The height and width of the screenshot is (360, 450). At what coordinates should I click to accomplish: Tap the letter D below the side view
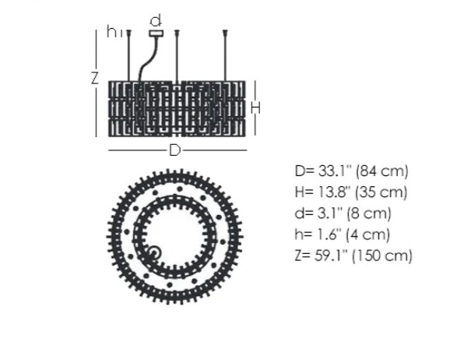click(x=174, y=150)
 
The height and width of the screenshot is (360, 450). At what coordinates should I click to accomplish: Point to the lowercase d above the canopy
click(x=156, y=19)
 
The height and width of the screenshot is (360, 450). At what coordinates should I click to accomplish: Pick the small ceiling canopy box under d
click(x=156, y=33)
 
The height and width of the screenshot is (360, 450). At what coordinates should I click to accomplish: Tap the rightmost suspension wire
click(x=225, y=55)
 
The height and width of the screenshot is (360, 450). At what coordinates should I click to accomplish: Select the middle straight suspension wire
click(x=178, y=55)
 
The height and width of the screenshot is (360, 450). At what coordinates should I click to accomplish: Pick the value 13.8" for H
click(x=333, y=192)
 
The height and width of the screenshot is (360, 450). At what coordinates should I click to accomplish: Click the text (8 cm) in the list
click(x=368, y=214)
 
